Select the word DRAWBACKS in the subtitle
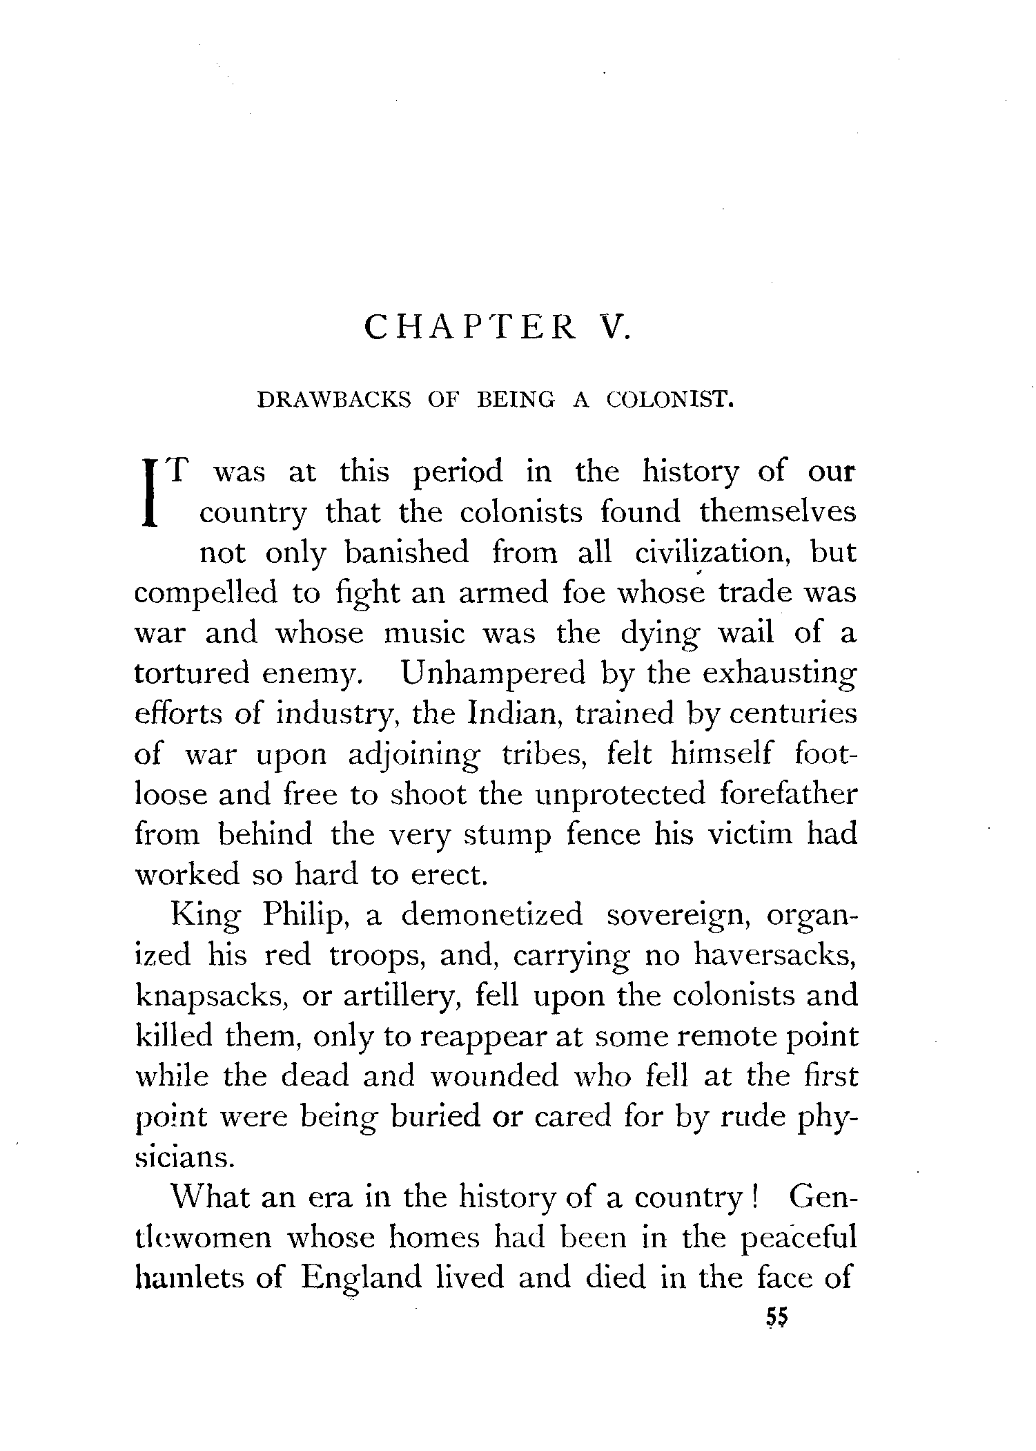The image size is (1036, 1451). pos(334,400)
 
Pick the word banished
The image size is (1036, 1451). pos(407,553)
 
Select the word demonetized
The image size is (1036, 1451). pos(492,915)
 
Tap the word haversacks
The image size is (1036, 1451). pos(775,955)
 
